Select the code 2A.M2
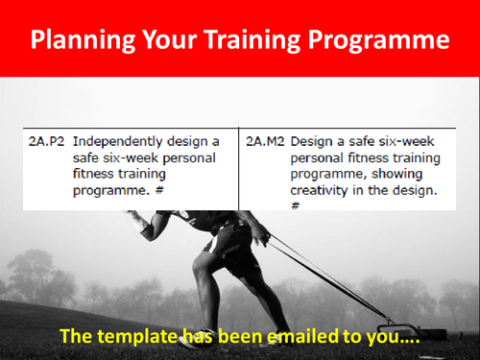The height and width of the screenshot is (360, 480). click(x=265, y=139)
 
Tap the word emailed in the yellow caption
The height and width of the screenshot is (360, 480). click(x=303, y=336)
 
